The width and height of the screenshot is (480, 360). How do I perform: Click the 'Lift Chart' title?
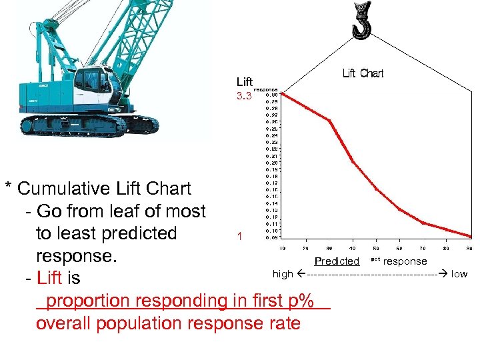(363, 73)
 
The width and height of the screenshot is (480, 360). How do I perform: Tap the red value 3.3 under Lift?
(244, 96)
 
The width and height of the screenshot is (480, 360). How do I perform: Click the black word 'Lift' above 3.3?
(244, 82)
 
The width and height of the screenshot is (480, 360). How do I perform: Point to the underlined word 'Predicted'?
(337, 261)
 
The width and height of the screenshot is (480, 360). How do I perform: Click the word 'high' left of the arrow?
(283, 274)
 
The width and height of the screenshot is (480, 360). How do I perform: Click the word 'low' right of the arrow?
(459, 274)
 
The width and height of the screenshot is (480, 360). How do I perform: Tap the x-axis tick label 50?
(376, 249)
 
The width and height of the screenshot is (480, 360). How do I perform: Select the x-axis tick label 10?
(283, 249)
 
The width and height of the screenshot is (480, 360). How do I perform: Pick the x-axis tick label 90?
(469, 249)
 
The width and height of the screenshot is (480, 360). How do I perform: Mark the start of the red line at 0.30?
(282, 94)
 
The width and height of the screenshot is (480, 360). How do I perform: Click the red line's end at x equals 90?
(469, 235)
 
